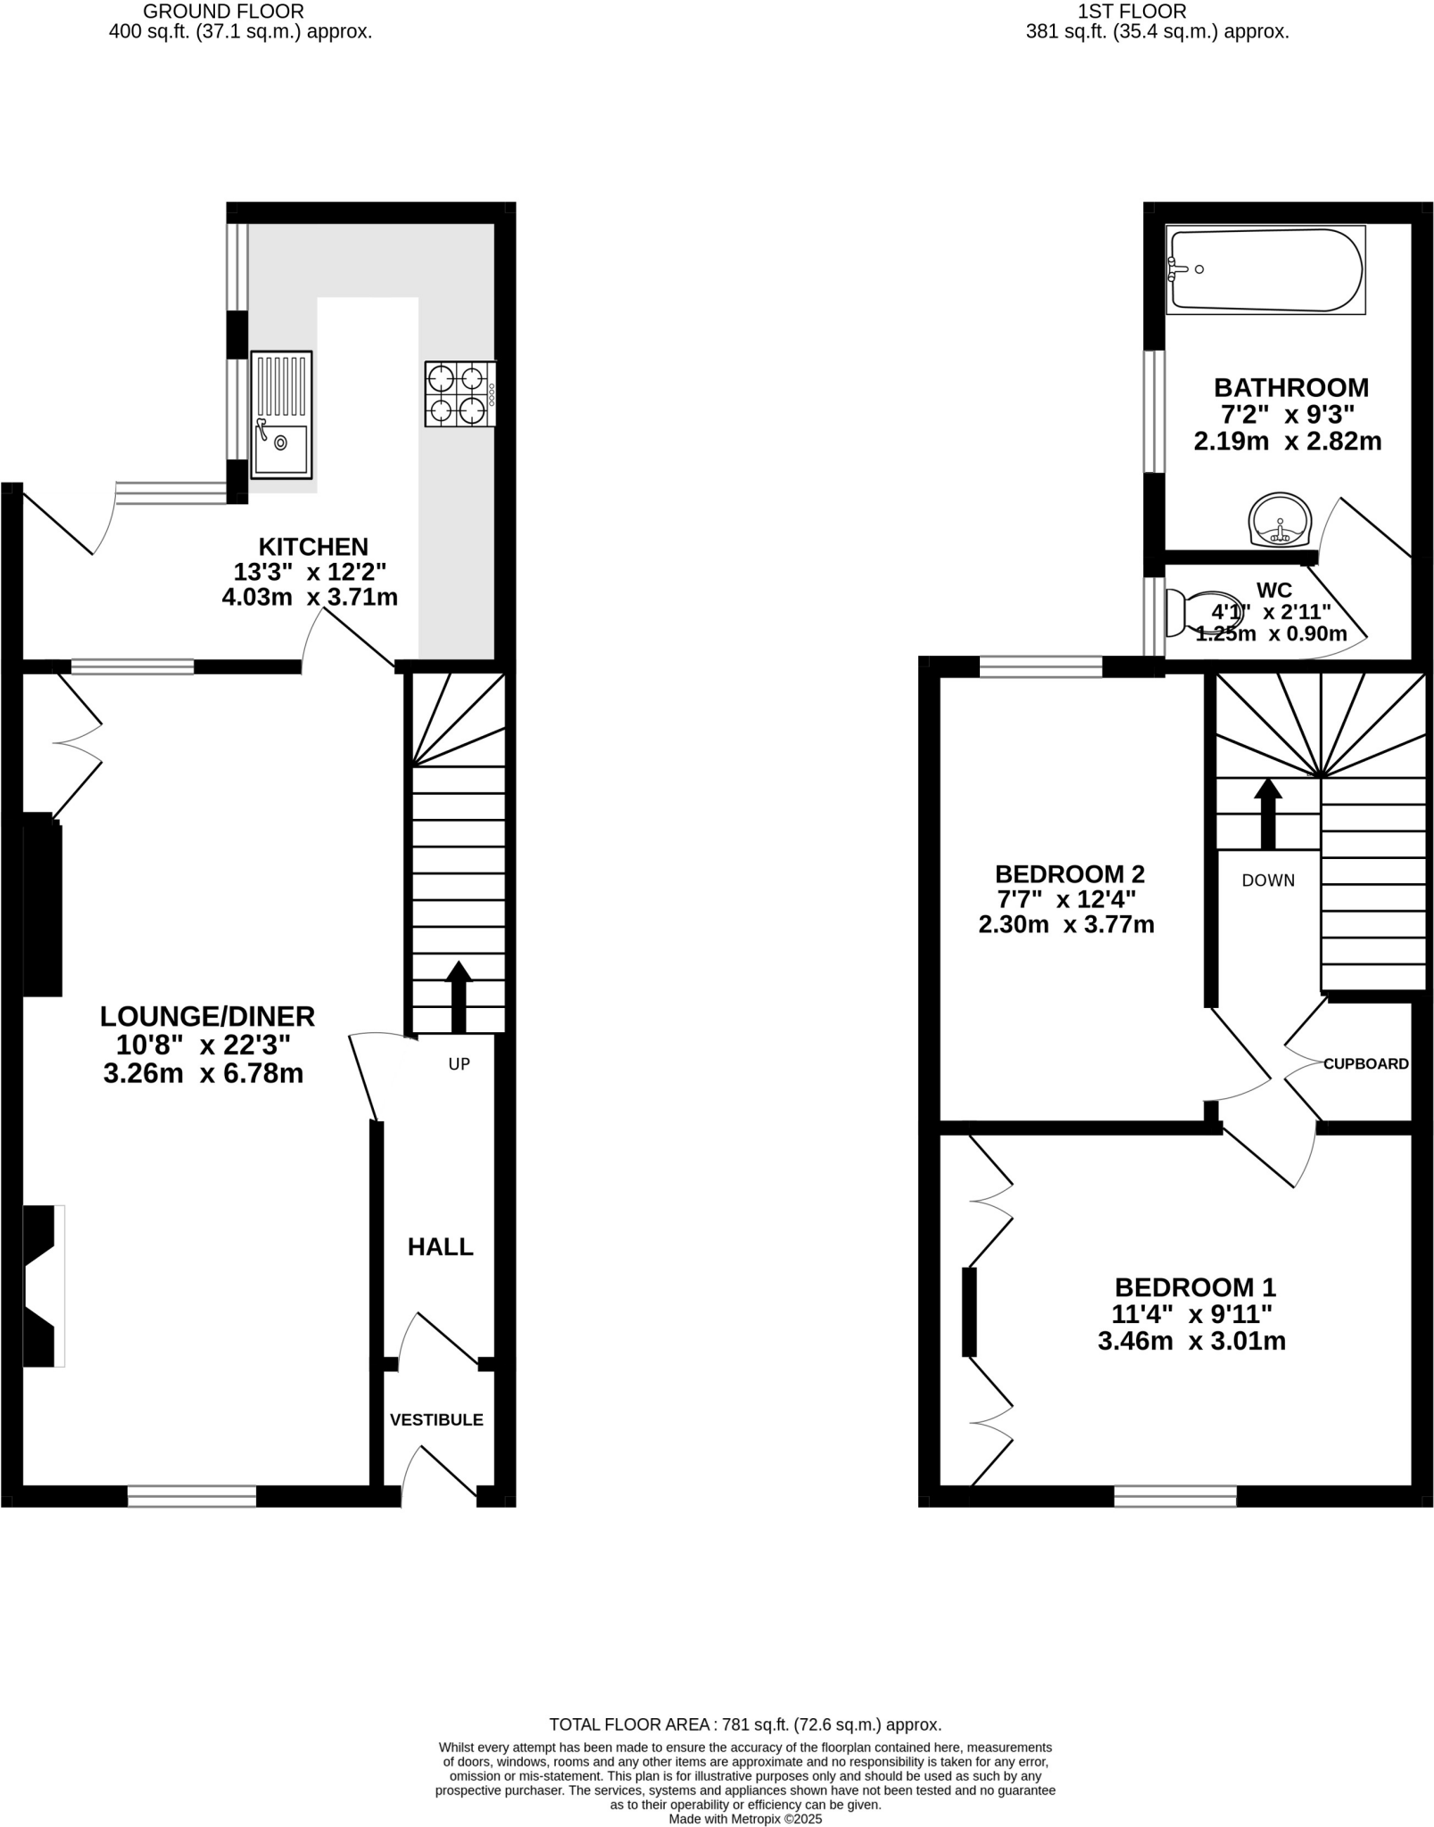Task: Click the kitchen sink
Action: (282, 411)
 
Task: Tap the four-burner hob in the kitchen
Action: (460, 393)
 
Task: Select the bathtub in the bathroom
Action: (1265, 269)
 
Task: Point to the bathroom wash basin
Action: (1281, 520)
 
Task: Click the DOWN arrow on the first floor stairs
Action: (1267, 814)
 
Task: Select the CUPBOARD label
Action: (1365, 1063)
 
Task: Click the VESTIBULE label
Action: (436, 1419)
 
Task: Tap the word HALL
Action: (440, 1247)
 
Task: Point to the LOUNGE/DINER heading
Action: (207, 1016)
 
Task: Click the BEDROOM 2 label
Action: (1069, 873)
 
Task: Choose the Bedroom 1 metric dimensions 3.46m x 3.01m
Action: (1191, 1341)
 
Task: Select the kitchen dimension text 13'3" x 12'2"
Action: (310, 572)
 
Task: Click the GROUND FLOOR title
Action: (223, 12)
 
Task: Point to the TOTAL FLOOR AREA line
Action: (745, 1725)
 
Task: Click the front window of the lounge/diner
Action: (192, 1496)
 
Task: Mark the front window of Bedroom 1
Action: (1175, 1496)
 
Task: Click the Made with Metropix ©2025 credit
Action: (745, 1819)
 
